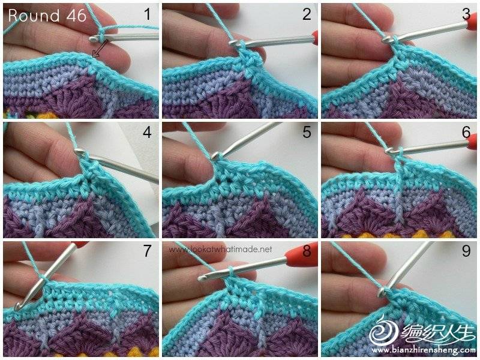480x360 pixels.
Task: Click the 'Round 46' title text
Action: [x=47, y=16]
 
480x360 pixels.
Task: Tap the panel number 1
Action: [x=148, y=14]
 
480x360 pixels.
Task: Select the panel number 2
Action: [x=307, y=14]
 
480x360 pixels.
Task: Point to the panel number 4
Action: [x=147, y=132]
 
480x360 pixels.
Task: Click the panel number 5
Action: [x=307, y=132]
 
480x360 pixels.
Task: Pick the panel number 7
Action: [x=148, y=251]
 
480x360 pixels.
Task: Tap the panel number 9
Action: [x=466, y=251]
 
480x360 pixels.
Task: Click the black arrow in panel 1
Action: [x=100, y=49]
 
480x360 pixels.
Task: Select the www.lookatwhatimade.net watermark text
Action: [x=220, y=250]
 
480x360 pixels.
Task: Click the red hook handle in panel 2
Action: [x=314, y=37]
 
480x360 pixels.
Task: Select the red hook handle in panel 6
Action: [x=472, y=142]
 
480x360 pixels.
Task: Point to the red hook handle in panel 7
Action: [x=80, y=244]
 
